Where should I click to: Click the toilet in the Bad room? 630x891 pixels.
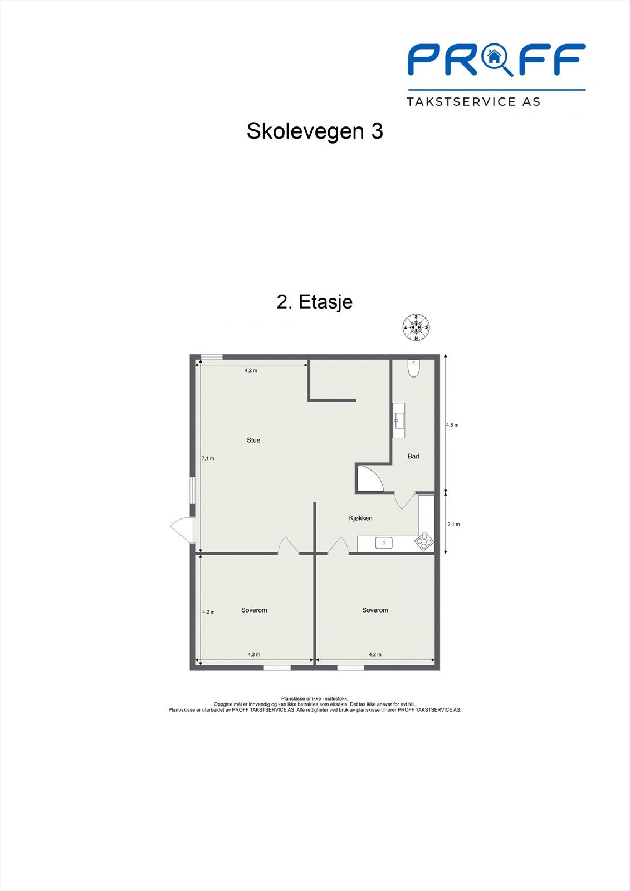point(413,368)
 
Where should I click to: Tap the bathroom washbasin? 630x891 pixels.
point(398,420)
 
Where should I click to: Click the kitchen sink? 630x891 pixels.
point(384,542)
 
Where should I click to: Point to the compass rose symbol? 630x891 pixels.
point(417,327)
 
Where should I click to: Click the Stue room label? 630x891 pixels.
point(253,440)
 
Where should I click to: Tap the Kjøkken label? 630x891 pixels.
point(360,518)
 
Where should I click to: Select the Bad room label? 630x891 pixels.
point(413,457)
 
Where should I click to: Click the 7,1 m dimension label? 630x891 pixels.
point(208,459)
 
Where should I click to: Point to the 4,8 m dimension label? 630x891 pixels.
point(452,425)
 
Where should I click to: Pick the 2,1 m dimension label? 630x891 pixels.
point(454,525)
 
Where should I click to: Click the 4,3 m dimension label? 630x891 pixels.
point(254,655)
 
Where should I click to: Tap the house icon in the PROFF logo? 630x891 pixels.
point(493,56)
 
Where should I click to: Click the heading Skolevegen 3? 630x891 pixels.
point(315,131)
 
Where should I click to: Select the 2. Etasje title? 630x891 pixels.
point(315,302)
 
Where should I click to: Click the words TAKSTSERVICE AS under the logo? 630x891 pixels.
point(473,101)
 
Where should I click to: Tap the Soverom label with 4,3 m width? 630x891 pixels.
point(254,610)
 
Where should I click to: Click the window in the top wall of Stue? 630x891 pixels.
point(212,356)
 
